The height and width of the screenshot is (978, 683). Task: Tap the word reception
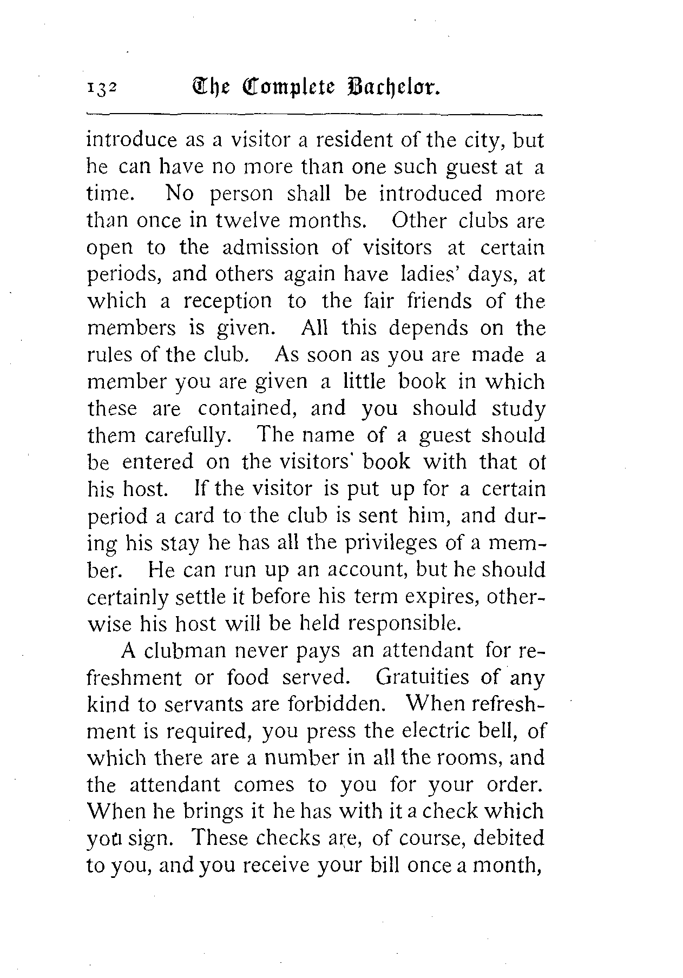point(227,301)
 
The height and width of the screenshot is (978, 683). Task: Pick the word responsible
point(405,624)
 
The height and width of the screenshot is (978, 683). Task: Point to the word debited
point(509,838)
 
